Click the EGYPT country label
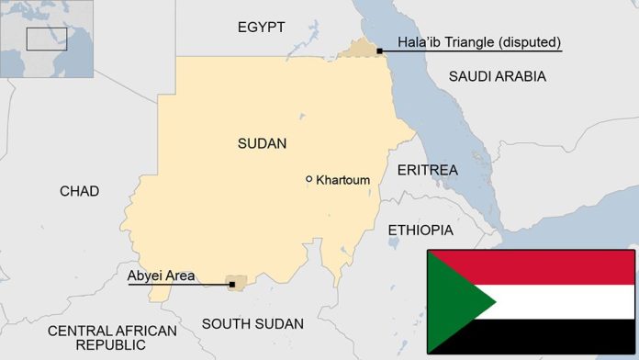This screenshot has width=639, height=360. tap(261, 27)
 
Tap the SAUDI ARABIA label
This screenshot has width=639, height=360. tap(497, 76)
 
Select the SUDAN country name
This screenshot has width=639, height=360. tap(262, 143)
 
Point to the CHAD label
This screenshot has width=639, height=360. tap(79, 191)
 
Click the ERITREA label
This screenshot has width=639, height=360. tap(427, 170)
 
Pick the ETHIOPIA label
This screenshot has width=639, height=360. tap(420, 230)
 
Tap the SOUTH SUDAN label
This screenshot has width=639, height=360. tap(252, 323)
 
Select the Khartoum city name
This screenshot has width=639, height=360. tap(342, 180)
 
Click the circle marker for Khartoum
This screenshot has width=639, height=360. tap(309, 179)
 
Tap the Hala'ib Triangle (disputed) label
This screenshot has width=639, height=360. tap(479, 42)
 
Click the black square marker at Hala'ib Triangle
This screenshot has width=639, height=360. tap(379, 51)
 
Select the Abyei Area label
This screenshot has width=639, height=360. tap(159, 275)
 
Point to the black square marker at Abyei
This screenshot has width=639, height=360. tap(232, 285)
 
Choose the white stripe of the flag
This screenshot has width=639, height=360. tap(560, 301)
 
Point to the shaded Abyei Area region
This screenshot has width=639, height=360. tap(241, 279)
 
